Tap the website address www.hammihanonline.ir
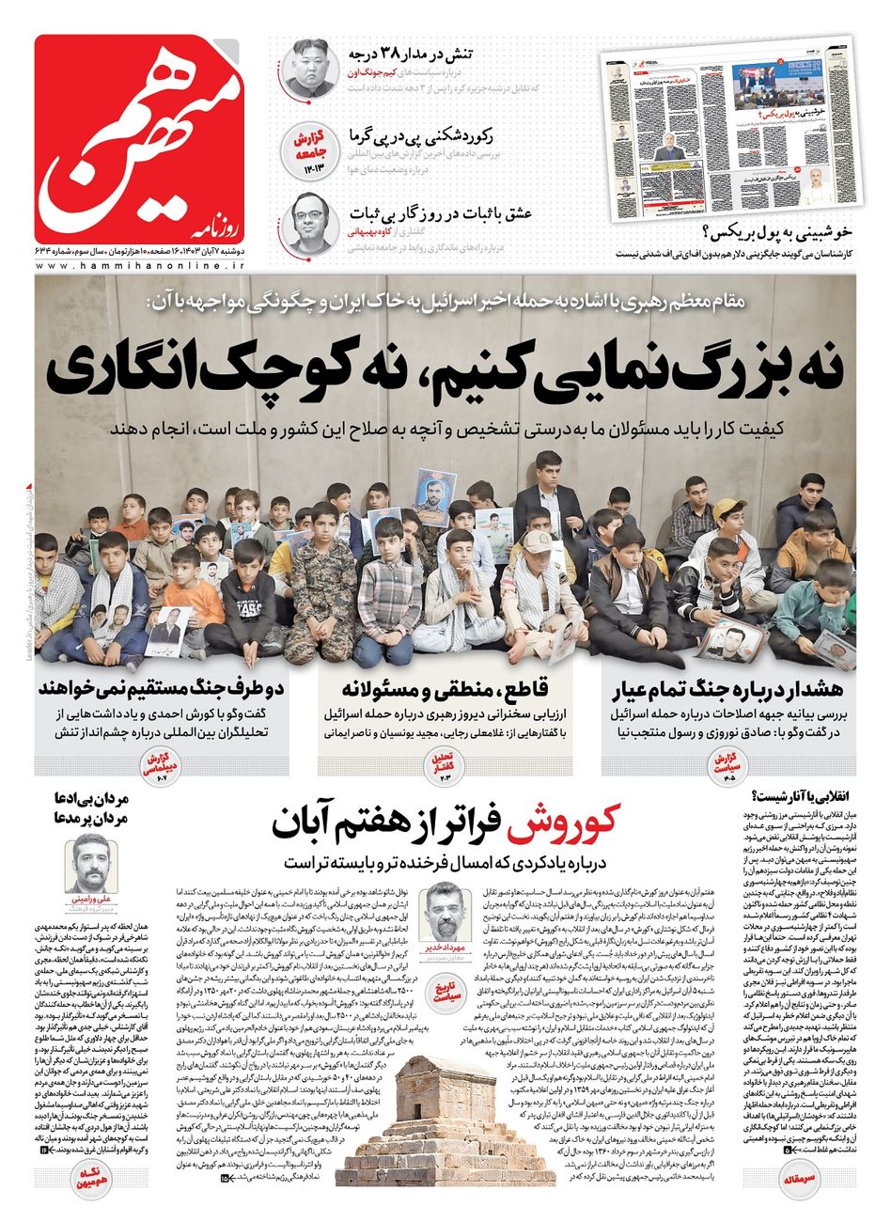pyautogui.click(x=141, y=268)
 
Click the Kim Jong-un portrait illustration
pyautogui.click(x=309, y=69)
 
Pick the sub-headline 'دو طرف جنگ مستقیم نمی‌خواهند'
pyautogui.click(x=154, y=688)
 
